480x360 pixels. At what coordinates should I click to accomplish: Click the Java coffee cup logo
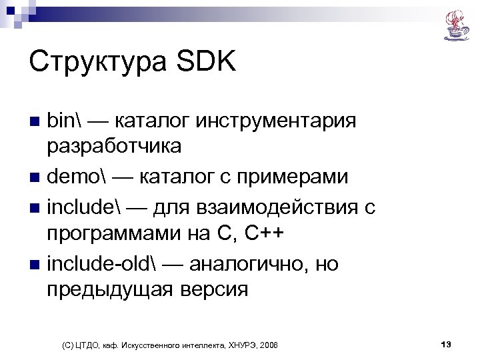click(x=457, y=25)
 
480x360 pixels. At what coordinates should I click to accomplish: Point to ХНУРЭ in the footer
click(x=239, y=345)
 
